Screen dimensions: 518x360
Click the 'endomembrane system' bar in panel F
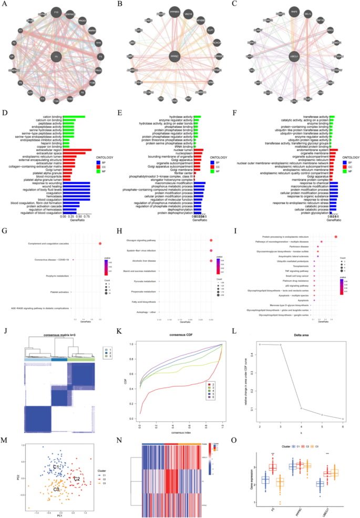coord(336,150)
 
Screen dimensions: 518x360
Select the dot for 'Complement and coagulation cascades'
coord(100,243)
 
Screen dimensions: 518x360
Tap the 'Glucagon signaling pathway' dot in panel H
coord(211,240)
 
